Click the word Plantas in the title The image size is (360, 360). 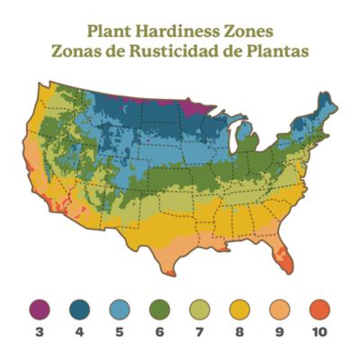[x=287, y=50]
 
